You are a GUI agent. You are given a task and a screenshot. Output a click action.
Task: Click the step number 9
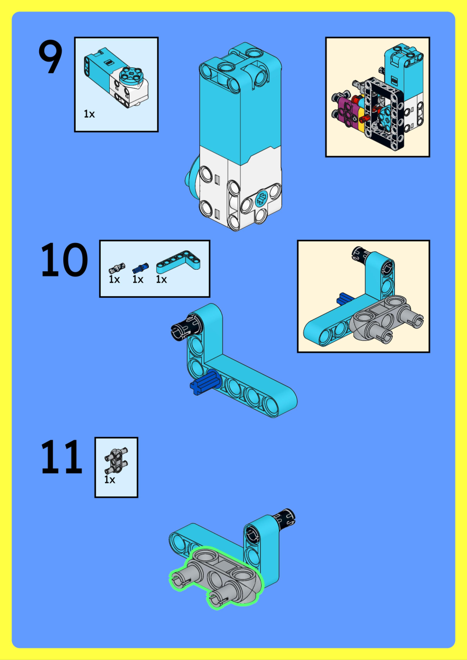pos(50,57)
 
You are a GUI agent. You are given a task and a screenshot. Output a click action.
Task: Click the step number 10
pos(64,260)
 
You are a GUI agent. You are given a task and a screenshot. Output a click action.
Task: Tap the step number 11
pos(61,456)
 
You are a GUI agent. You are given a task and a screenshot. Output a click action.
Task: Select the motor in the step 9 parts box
pos(116,78)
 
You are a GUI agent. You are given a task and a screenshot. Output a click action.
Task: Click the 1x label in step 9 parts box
pos(89,114)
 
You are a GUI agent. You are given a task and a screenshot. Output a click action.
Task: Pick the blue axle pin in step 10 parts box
pos(140,269)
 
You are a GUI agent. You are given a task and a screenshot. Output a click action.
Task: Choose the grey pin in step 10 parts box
pos(116,269)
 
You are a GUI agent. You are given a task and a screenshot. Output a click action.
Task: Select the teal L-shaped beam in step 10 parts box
pos(178,262)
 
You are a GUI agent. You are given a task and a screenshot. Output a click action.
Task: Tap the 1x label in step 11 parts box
pos(110,479)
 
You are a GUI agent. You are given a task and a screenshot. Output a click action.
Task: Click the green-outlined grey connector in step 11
pos(216,577)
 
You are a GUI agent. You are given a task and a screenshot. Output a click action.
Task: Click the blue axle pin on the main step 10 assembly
pos(204,383)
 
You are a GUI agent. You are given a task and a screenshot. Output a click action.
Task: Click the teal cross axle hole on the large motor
pos(261,200)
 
